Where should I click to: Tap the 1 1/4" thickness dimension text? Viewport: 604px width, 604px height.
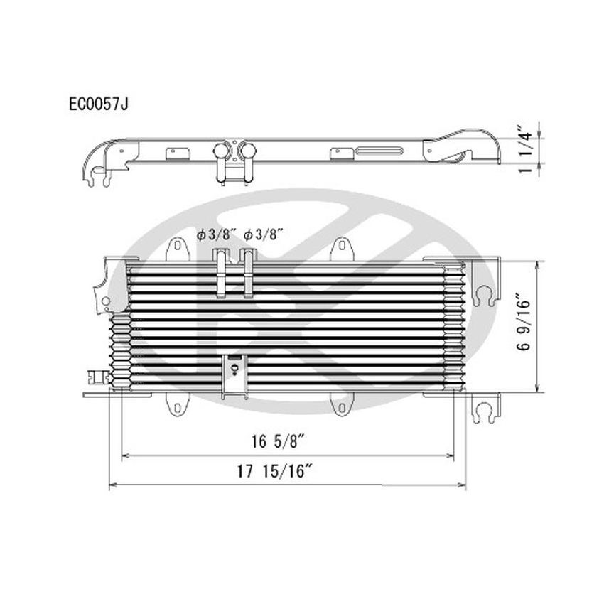click(x=526, y=150)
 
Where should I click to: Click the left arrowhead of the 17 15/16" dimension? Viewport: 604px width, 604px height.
click(x=111, y=486)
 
